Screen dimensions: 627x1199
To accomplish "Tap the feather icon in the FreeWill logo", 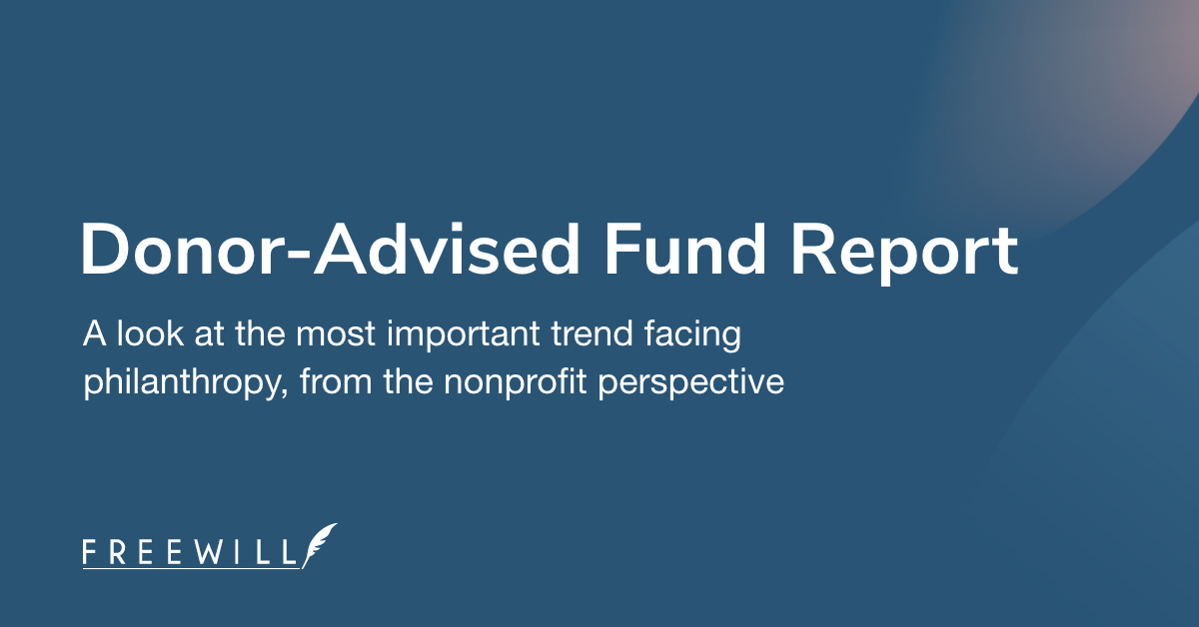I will pos(322,545).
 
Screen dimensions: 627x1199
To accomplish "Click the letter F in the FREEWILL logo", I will pos(90,551).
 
